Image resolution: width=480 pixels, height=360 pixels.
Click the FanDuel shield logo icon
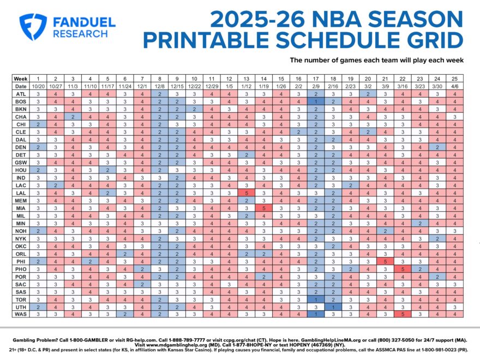(33, 26)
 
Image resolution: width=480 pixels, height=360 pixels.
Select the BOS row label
(20, 101)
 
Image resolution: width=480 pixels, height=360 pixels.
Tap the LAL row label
(20, 193)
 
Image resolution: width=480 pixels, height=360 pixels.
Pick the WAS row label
(20, 314)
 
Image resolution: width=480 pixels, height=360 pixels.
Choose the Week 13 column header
(247, 79)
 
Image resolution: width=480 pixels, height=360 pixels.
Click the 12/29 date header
(212, 86)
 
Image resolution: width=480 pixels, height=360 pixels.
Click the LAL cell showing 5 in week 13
(247, 193)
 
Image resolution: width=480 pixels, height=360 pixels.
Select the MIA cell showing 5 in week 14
(264, 208)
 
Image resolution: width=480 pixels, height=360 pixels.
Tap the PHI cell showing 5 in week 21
(386, 261)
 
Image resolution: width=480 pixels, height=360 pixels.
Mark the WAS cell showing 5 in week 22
(403, 314)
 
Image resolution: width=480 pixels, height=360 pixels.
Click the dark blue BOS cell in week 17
(316, 101)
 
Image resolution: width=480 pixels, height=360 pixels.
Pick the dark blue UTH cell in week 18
(333, 306)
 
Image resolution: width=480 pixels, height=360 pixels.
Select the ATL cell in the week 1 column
(38, 94)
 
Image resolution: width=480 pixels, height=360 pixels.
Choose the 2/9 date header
(316, 86)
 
